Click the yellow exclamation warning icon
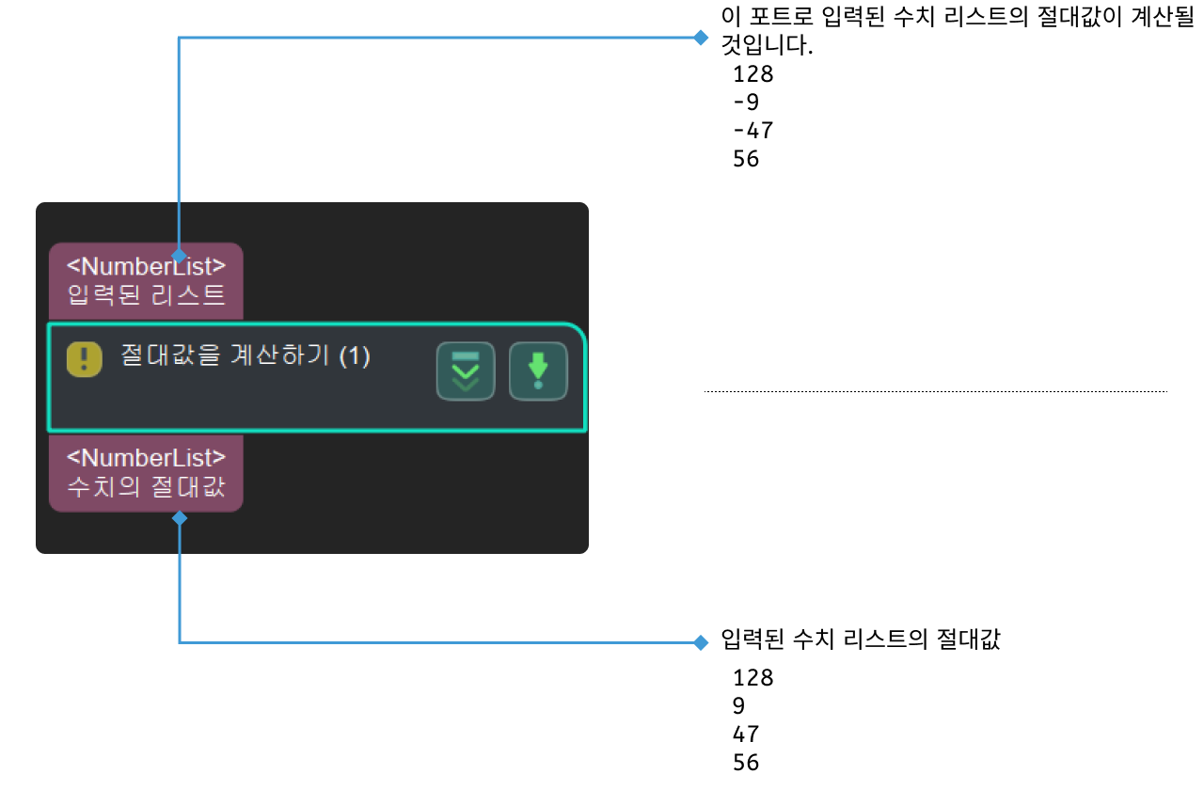[x=85, y=359]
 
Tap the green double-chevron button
[x=466, y=371]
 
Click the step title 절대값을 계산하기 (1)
[x=246, y=355]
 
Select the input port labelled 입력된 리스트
[x=146, y=281]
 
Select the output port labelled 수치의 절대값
[x=146, y=473]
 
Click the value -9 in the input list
[x=746, y=102]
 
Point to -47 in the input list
[x=753, y=130]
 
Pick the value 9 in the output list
[x=739, y=705]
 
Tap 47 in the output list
[x=746, y=734]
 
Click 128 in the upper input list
[x=753, y=73]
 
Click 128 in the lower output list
[x=753, y=678]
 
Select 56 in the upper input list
[x=746, y=159]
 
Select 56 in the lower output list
[x=746, y=763]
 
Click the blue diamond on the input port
[x=179, y=256]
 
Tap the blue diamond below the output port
[x=180, y=518]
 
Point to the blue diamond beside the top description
[x=701, y=38]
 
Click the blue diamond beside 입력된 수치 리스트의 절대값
[x=701, y=642]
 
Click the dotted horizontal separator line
[x=936, y=391]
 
